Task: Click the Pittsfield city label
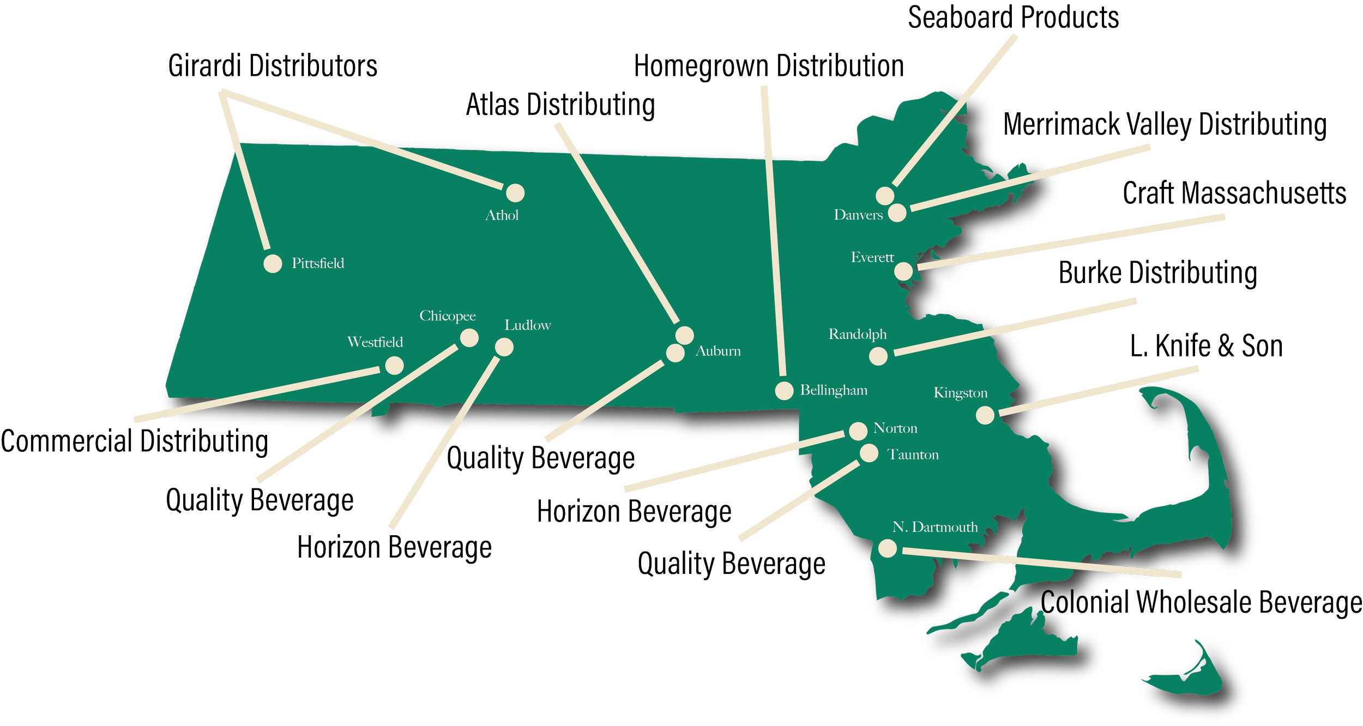318,263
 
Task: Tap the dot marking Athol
515,192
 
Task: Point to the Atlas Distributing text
560,106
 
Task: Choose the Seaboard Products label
1013,18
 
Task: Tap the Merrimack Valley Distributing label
1165,125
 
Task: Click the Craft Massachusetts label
1234,193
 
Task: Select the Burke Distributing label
1158,273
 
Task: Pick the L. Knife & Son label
1206,346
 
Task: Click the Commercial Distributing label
134,441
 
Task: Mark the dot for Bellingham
784,390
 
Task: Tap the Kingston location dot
985,415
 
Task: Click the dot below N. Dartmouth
887,548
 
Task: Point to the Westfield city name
375,342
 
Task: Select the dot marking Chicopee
469,338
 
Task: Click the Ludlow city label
527,325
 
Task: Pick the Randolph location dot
878,356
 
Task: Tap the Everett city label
872,257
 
